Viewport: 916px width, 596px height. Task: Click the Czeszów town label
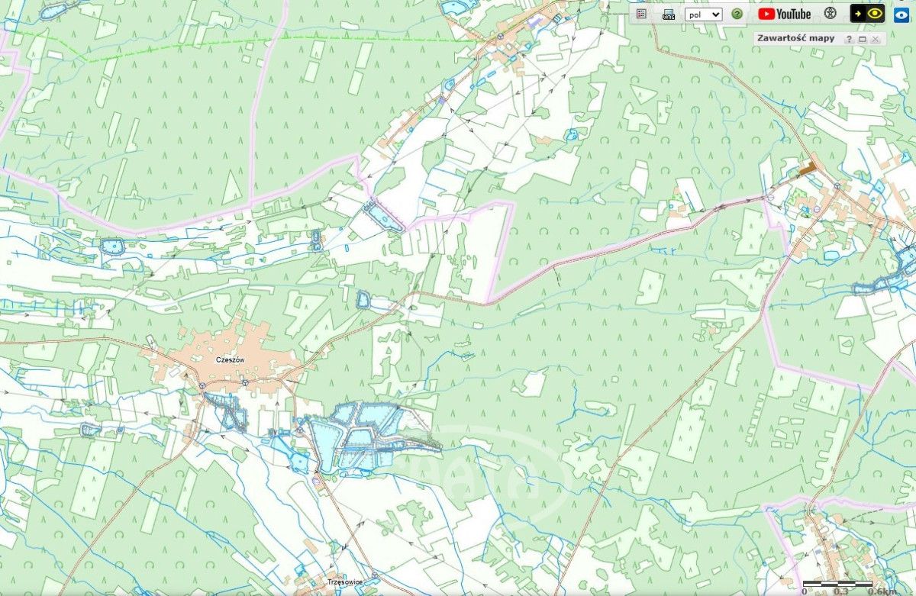230,359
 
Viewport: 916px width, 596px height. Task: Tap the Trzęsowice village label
344,582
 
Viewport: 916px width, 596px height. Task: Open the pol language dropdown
703,14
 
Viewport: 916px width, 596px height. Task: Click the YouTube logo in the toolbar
784,14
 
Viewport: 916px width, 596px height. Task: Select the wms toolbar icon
669,14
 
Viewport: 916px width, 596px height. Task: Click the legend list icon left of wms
641,14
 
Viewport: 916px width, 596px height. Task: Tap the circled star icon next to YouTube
831,14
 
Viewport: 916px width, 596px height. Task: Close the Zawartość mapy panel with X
876,39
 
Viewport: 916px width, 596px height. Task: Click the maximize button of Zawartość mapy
862,39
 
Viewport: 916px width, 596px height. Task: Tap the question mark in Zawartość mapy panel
849,39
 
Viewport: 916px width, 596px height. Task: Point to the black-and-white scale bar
838,584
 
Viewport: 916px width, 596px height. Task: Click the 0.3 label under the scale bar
840,591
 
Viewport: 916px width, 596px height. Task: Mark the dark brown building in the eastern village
807,166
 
